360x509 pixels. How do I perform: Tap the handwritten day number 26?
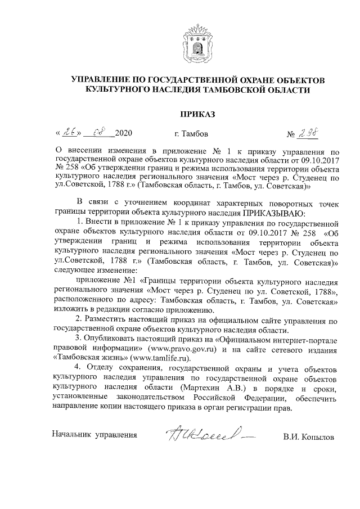(x=70, y=133)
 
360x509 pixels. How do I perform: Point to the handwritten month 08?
(x=97, y=133)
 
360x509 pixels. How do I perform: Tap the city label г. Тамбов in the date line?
(x=192, y=134)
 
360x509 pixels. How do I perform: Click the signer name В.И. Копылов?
(x=309, y=435)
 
